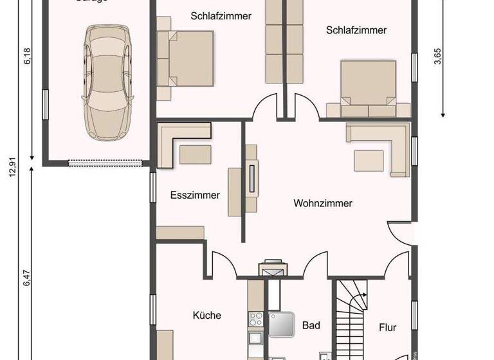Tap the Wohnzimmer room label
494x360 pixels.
323,204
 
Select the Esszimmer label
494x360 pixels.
195,195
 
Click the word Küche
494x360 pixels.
207,315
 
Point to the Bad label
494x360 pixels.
311,326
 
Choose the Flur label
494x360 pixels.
388,328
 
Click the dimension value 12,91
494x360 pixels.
11,174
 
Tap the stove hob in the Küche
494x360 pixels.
254,318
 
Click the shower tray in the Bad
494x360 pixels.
282,325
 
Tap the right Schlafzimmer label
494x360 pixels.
356,30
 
